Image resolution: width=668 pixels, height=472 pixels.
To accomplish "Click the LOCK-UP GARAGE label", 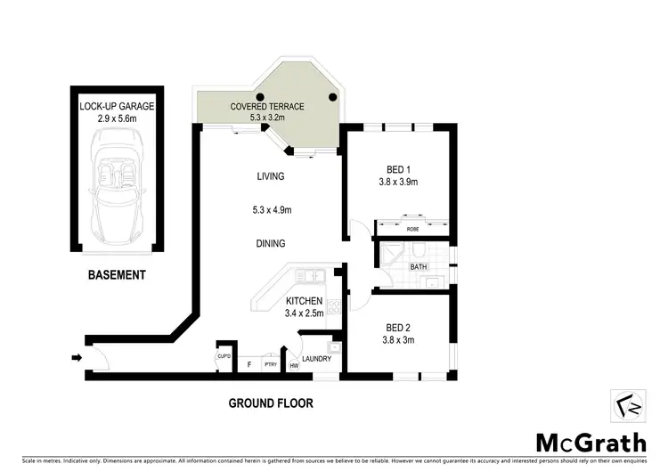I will [x=117, y=106].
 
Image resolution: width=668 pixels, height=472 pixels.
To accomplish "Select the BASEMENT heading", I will [x=116, y=275].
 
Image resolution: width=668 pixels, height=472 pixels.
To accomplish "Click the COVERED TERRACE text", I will [x=267, y=107].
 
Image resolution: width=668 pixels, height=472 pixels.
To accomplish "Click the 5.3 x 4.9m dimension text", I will [x=270, y=210].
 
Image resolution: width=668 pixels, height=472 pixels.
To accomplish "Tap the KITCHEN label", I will [x=305, y=301].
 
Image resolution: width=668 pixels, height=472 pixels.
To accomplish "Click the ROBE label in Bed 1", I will [x=412, y=230].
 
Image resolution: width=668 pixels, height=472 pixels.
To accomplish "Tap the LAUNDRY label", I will [x=316, y=359].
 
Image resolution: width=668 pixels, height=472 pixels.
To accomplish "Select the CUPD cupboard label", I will [x=224, y=357].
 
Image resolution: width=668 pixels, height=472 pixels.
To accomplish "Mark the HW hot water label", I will [x=293, y=364].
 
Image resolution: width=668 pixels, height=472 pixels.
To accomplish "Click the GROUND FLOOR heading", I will [x=271, y=403].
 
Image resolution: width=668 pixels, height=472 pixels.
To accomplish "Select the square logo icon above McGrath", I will [x=623, y=405].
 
